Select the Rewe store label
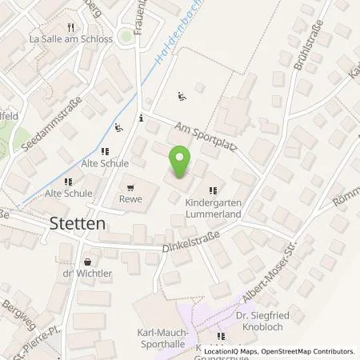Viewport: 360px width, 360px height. (130, 199)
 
